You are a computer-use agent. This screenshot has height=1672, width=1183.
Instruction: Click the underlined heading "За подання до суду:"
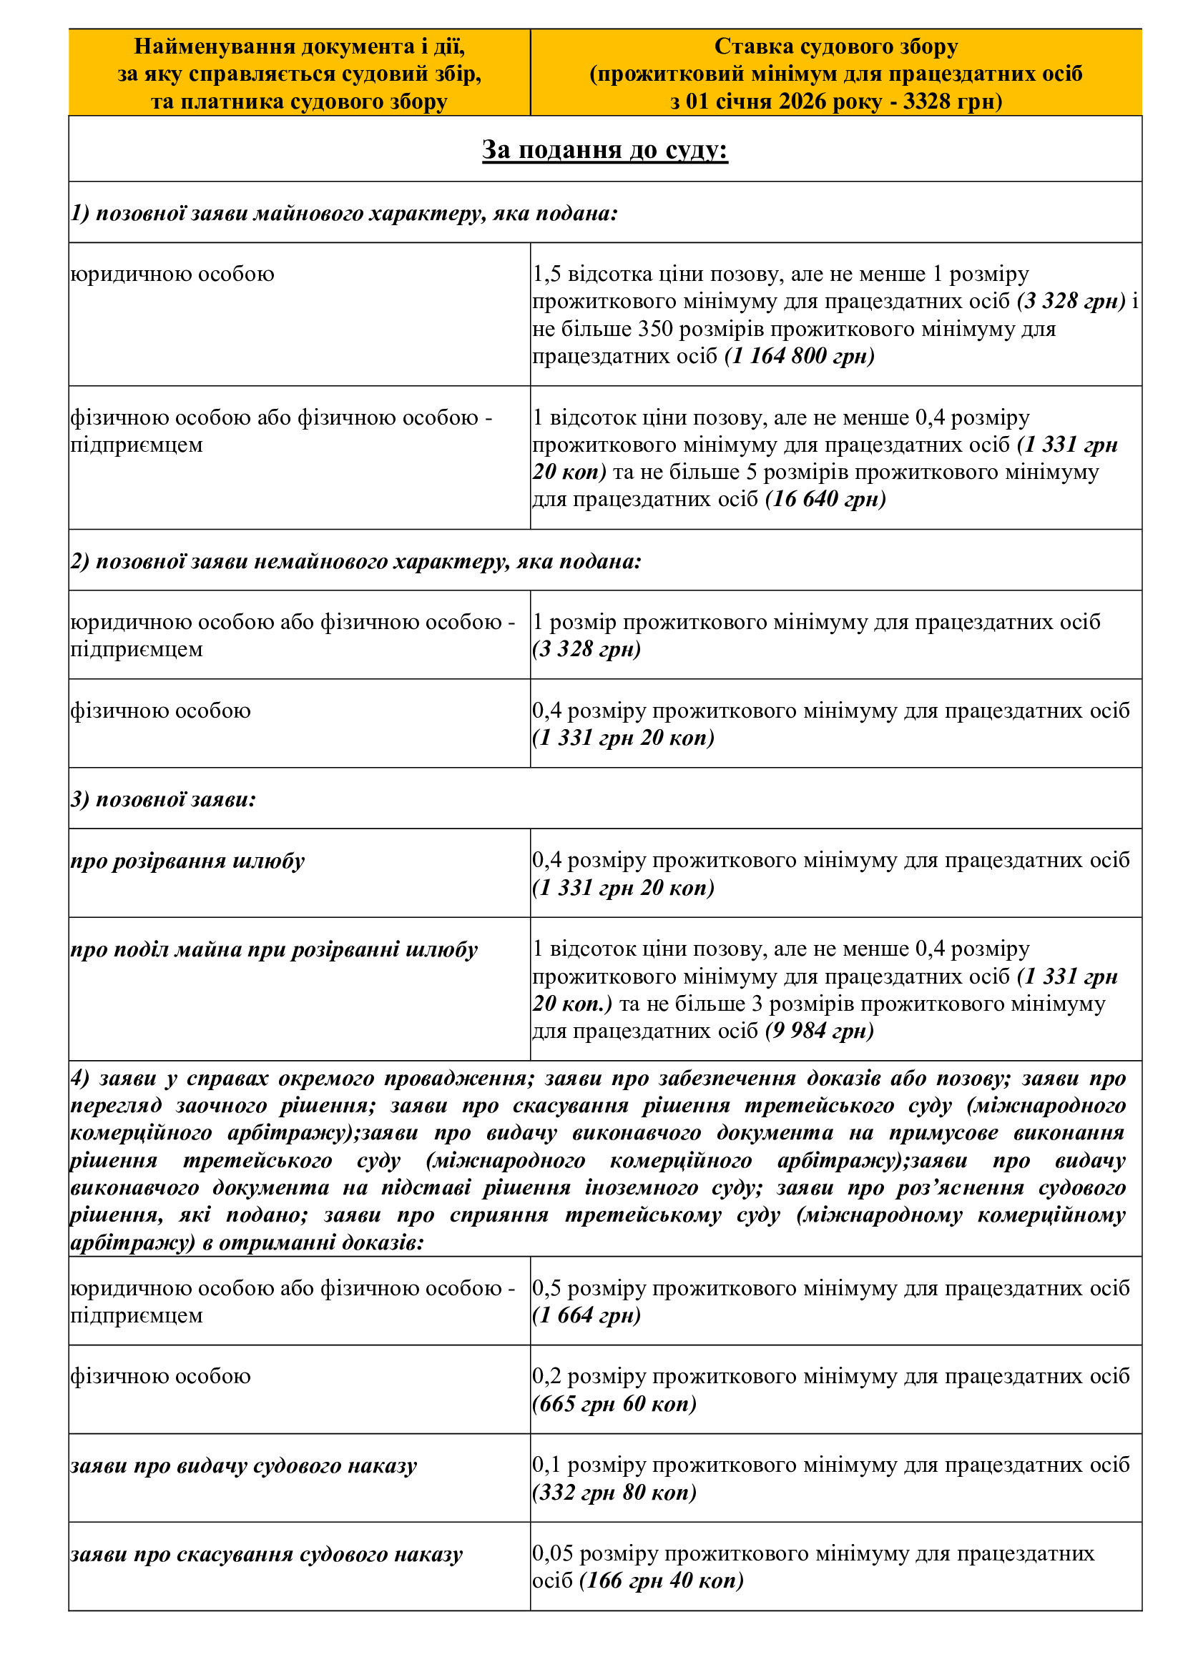coord(604,149)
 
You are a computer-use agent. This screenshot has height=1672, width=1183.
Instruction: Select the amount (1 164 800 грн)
coord(799,356)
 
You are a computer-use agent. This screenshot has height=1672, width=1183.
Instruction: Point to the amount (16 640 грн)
coord(825,500)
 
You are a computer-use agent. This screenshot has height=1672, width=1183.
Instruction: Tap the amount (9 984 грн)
coord(819,1032)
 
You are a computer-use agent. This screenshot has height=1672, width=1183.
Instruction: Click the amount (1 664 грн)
coord(586,1315)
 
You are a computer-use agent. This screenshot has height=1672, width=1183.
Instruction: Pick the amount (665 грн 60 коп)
coord(614,1403)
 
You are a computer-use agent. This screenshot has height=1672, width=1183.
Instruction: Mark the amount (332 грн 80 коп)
coord(614,1492)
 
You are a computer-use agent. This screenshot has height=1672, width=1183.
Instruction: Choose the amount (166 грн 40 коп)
coord(662,1581)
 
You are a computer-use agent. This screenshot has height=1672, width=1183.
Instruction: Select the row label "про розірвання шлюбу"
coord(187,861)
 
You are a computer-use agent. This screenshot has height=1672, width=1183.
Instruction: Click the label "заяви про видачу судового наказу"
coord(243,1465)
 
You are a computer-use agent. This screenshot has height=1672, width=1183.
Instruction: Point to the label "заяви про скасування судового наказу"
coord(267,1555)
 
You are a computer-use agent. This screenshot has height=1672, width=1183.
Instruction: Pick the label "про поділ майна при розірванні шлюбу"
coord(274,949)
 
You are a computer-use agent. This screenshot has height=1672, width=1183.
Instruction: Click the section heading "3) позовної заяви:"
coord(163,800)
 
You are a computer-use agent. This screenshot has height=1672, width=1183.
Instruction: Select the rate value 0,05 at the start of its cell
coord(553,1554)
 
